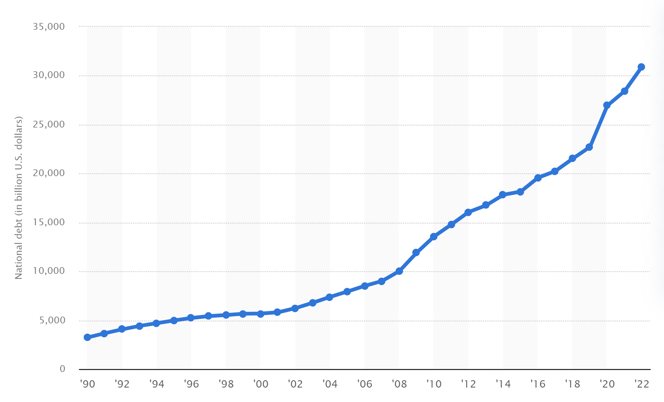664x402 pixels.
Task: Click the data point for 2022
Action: pos(641,67)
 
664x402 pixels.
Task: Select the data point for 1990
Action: pos(87,337)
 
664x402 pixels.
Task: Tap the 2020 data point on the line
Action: pos(607,105)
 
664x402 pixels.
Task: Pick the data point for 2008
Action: pos(399,271)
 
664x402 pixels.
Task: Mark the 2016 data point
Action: pos(538,178)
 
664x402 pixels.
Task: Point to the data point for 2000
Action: pos(260,314)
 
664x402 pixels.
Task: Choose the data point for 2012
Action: pos(468,212)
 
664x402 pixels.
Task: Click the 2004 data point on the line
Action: pos(329,297)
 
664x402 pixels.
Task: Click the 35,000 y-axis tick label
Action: pos(49,27)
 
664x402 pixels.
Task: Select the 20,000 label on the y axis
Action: pos(49,173)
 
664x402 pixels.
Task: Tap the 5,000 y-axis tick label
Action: pos(52,320)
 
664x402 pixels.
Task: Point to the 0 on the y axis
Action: pos(62,369)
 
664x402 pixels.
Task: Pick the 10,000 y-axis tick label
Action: pos(49,271)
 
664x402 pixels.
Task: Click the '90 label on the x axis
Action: pos(87,384)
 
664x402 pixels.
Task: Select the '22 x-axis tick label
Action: pos(641,384)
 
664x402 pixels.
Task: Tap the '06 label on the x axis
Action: pos(364,384)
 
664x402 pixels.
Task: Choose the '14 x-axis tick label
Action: pos(503,384)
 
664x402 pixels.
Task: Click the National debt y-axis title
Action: pos(19,198)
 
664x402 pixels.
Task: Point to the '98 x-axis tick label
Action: pos(226,384)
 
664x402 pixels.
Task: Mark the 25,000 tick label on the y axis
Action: pos(49,124)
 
